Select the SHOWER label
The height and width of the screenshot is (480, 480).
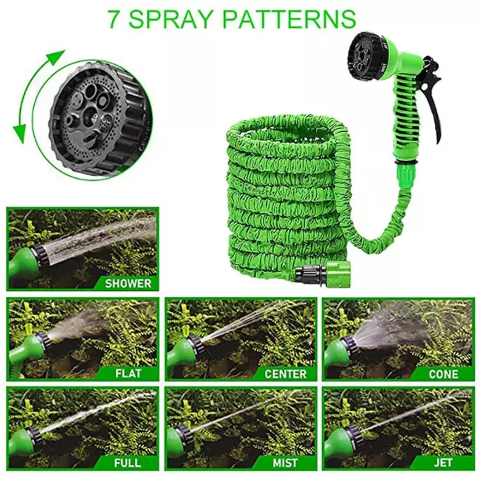click(x=128, y=283)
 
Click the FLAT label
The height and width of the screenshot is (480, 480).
click(x=128, y=373)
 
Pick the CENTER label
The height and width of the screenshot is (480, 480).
click(x=285, y=373)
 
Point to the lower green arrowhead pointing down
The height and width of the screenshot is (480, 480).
click(x=20, y=130)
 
